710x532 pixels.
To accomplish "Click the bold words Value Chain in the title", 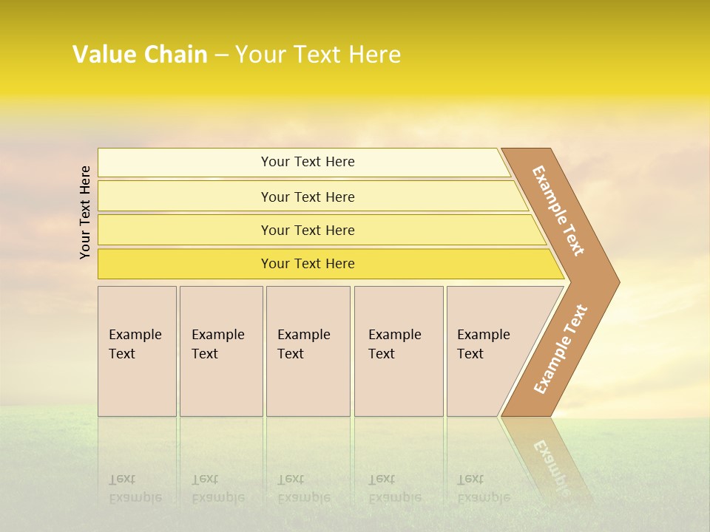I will coord(140,55).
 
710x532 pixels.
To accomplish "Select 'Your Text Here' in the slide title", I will coord(318,55).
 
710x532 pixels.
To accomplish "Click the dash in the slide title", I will coord(221,55).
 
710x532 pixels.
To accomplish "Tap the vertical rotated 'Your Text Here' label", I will coord(85,212).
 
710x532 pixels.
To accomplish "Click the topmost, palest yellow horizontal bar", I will coord(308,162).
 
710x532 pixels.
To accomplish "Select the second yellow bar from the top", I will coord(308,197).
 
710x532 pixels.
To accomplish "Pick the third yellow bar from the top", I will coord(308,230).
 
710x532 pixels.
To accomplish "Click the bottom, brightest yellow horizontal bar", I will coord(308,264).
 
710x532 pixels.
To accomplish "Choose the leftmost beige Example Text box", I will coord(137,351).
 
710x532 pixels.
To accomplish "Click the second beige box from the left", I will coord(220,351).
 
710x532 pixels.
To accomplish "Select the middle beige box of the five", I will coord(308,351).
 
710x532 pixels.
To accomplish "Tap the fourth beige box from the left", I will coord(398,351).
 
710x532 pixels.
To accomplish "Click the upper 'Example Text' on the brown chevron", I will coord(558,211).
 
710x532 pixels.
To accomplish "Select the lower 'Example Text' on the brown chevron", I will coord(561,349).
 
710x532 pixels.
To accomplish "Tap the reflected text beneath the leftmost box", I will coord(135,488).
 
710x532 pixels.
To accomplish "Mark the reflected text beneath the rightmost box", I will coord(483,488).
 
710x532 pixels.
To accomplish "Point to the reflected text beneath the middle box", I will coord(303,488).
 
